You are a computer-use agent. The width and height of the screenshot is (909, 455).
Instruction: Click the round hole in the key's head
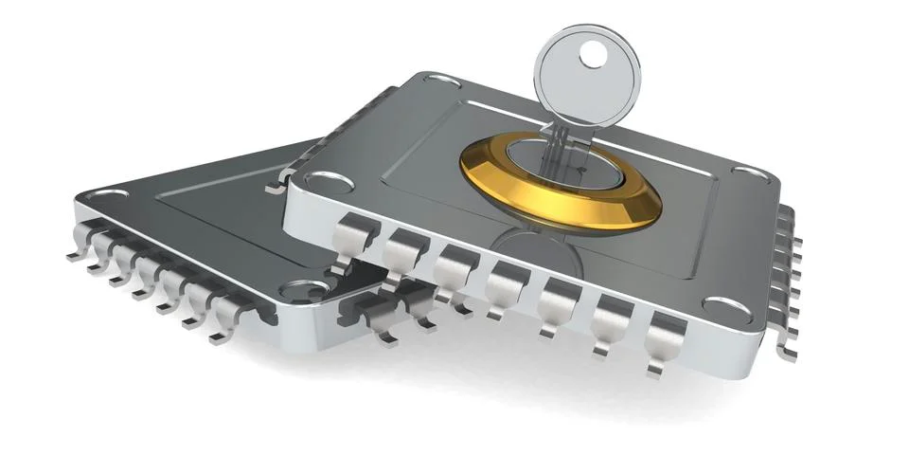point(594,55)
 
